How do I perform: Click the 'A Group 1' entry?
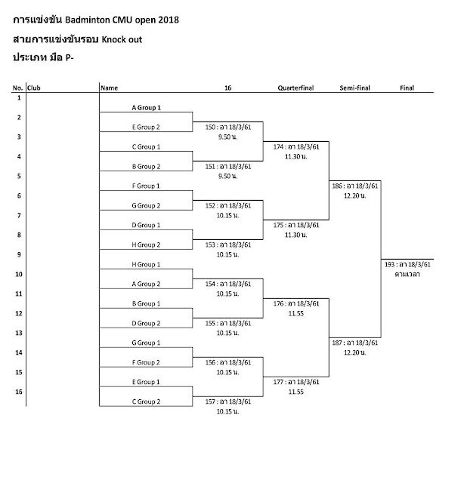147,107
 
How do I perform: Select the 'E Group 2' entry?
147,127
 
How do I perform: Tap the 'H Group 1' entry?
147,264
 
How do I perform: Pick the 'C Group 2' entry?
147,401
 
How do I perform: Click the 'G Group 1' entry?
147,343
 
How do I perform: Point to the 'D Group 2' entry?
147,323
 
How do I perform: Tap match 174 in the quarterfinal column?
296,146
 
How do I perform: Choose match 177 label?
296,382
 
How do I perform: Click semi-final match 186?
354,186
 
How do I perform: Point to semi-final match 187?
354,343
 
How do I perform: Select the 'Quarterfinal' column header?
296,88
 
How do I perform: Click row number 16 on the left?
18,392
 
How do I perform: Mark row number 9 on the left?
18,254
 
